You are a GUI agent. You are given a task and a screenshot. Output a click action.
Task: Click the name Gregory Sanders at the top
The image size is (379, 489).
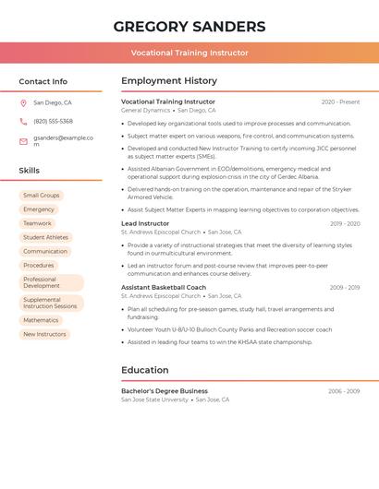click(x=189, y=27)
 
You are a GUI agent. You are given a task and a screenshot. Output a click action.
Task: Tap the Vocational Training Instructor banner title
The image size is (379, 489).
click(x=189, y=53)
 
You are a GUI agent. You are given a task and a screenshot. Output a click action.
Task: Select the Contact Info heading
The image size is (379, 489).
click(x=43, y=81)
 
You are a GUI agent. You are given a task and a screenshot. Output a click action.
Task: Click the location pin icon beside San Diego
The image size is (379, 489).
click(x=23, y=103)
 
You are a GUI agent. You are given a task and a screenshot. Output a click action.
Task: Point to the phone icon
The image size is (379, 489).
click(x=23, y=121)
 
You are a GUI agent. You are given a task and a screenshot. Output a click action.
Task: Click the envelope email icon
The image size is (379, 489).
click(x=23, y=141)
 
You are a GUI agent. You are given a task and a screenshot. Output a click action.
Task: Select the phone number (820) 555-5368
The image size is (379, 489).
click(x=53, y=121)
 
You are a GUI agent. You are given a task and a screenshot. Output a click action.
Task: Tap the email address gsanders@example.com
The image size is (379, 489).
click(x=63, y=141)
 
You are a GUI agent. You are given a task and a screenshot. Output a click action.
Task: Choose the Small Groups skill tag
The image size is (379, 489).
click(x=41, y=196)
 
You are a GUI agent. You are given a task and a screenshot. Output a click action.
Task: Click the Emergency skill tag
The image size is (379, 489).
click(x=39, y=209)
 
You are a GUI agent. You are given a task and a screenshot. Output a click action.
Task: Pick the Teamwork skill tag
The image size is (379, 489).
click(x=37, y=223)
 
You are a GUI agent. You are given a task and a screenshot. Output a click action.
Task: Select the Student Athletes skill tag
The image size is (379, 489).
click(x=45, y=237)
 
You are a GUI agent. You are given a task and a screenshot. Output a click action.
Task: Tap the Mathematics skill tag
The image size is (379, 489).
click(x=41, y=320)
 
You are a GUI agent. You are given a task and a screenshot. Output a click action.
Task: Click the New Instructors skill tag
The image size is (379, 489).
click(x=44, y=334)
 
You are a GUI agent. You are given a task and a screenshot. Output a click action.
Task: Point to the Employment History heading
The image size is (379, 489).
click(x=168, y=81)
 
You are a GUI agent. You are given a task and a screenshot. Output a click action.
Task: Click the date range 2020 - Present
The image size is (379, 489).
click(x=340, y=101)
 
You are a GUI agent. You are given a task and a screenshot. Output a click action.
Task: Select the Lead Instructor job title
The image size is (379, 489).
click(x=145, y=223)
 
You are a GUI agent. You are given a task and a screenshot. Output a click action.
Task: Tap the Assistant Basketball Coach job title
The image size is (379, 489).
click(x=164, y=287)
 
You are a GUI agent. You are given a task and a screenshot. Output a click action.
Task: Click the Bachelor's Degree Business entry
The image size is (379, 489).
click(x=165, y=391)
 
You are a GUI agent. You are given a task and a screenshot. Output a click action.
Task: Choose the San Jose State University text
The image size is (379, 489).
click(x=154, y=400)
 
